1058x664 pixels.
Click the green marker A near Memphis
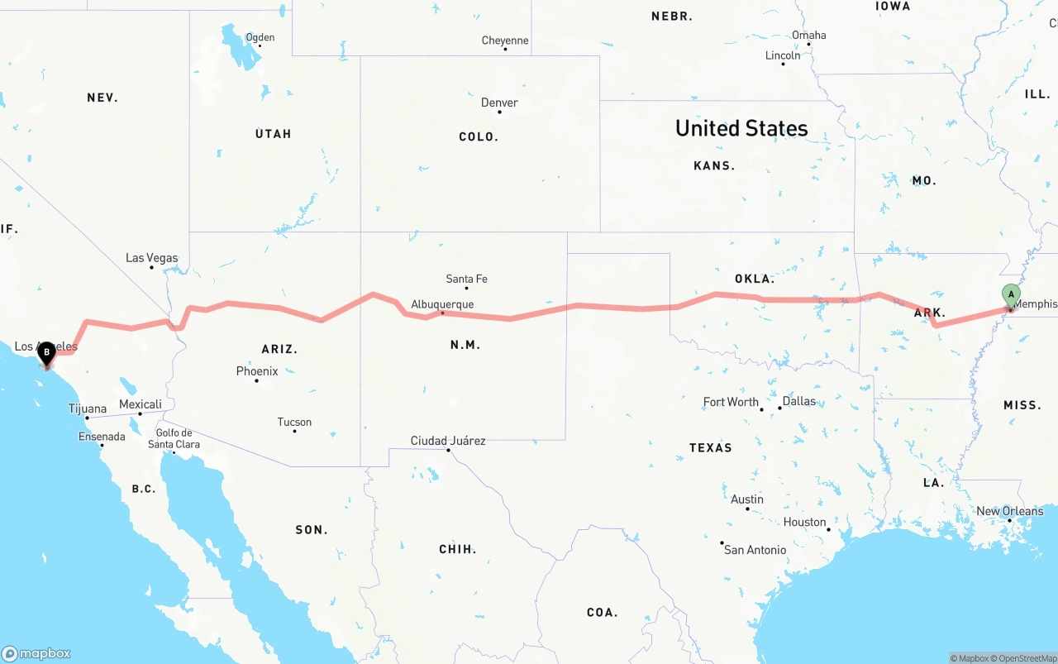[x=1010, y=294]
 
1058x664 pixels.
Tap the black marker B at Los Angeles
[x=47, y=353]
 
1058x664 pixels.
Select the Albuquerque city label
[x=442, y=303]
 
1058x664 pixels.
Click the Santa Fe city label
[x=466, y=279]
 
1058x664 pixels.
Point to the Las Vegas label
[x=151, y=257]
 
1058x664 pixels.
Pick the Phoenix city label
[x=257, y=371]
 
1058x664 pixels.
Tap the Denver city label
[x=499, y=103]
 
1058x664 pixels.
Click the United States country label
[x=741, y=128]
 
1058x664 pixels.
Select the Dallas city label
[x=798, y=401]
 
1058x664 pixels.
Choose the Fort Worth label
[x=731, y=402]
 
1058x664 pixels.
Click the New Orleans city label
[x=1009, y=511]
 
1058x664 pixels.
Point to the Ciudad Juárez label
[x=448, y=441]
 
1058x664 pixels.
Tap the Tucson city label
[x=294, y=422]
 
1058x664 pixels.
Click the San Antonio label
[x=755, y=549]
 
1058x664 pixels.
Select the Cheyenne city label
[x=505, y=40]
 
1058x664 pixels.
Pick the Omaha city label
[x=808, y=35]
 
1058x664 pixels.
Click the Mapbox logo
[x=36, y=653]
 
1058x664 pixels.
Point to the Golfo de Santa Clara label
[x=174, y=438]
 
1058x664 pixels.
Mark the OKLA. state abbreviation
[x=754, y=279]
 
